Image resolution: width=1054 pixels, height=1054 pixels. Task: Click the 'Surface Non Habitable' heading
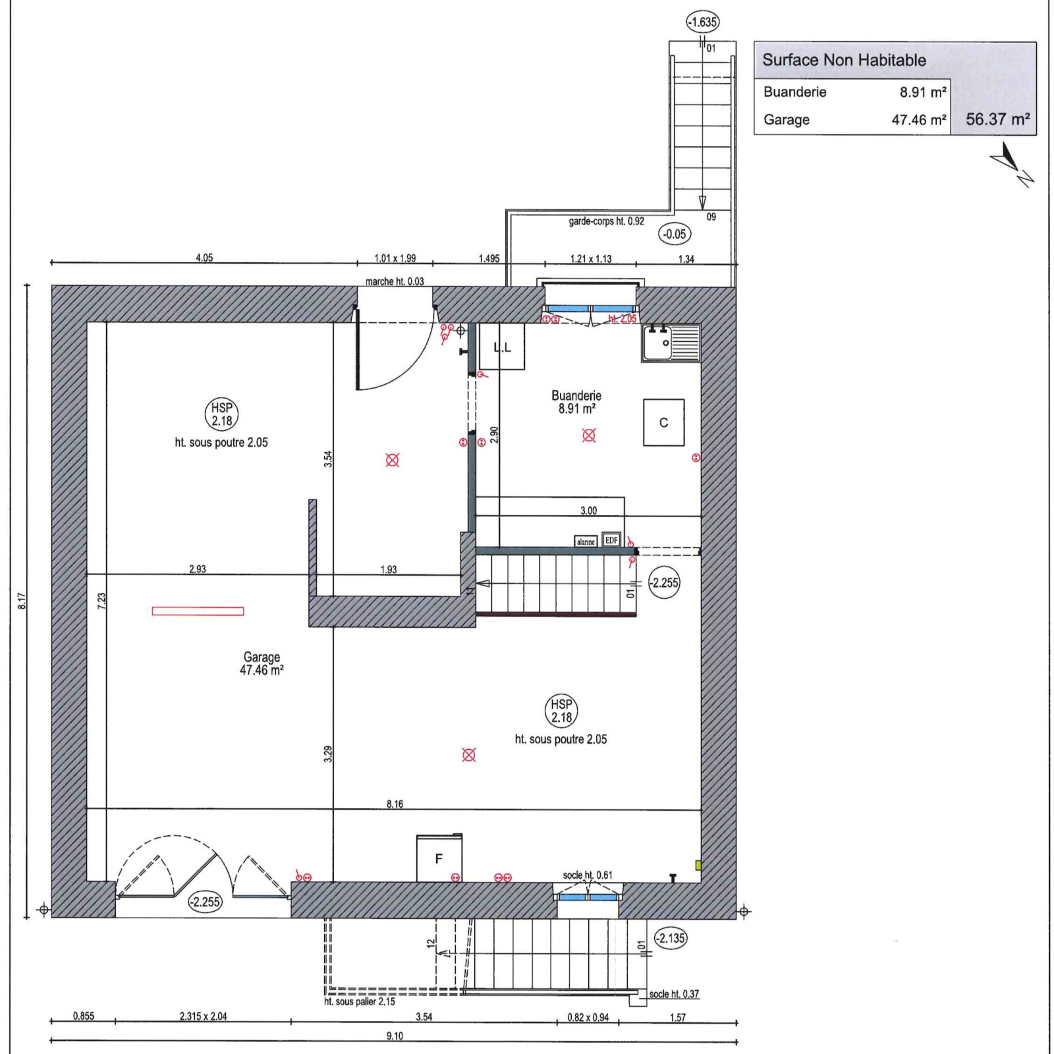click(x=844, y=60)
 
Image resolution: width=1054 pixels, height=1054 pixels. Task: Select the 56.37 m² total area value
click(x=997, y=119)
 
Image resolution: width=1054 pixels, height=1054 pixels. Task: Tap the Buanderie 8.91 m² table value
click(x=924, y=92)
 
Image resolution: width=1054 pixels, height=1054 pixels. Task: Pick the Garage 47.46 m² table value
click(x=919, y=120)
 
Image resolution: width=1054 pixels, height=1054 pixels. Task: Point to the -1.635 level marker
click(x=702, y=22)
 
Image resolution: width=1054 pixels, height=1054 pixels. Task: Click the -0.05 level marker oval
click(x=675, y=234)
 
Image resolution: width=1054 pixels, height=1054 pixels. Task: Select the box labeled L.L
click(x=502, y=347)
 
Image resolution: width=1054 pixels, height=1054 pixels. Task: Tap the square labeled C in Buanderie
click(x=663, y=422)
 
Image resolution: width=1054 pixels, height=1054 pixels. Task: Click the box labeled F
click(x=439, y=858)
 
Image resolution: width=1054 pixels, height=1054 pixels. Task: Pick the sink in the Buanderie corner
click(x=671, y=343)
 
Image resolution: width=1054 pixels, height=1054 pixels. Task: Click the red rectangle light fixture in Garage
click(x=198, y=611)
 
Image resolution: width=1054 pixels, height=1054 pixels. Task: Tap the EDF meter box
click(x=611, y=540)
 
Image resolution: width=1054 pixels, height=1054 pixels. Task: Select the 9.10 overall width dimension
click(x=395, y=1036)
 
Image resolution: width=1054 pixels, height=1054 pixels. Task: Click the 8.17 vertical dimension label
click(x=22, y=600)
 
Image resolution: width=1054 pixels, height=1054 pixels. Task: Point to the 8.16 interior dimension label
click(x=395, y=804)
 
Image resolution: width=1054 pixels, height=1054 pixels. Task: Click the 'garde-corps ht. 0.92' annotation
click(x=606, y=221)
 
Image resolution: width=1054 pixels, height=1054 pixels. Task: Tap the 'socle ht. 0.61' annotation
click(x=588, y=875)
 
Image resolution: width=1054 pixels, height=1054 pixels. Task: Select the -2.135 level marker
click(x=671, y=938)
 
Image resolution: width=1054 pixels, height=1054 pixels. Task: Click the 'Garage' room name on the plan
click(x=262, y=657)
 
